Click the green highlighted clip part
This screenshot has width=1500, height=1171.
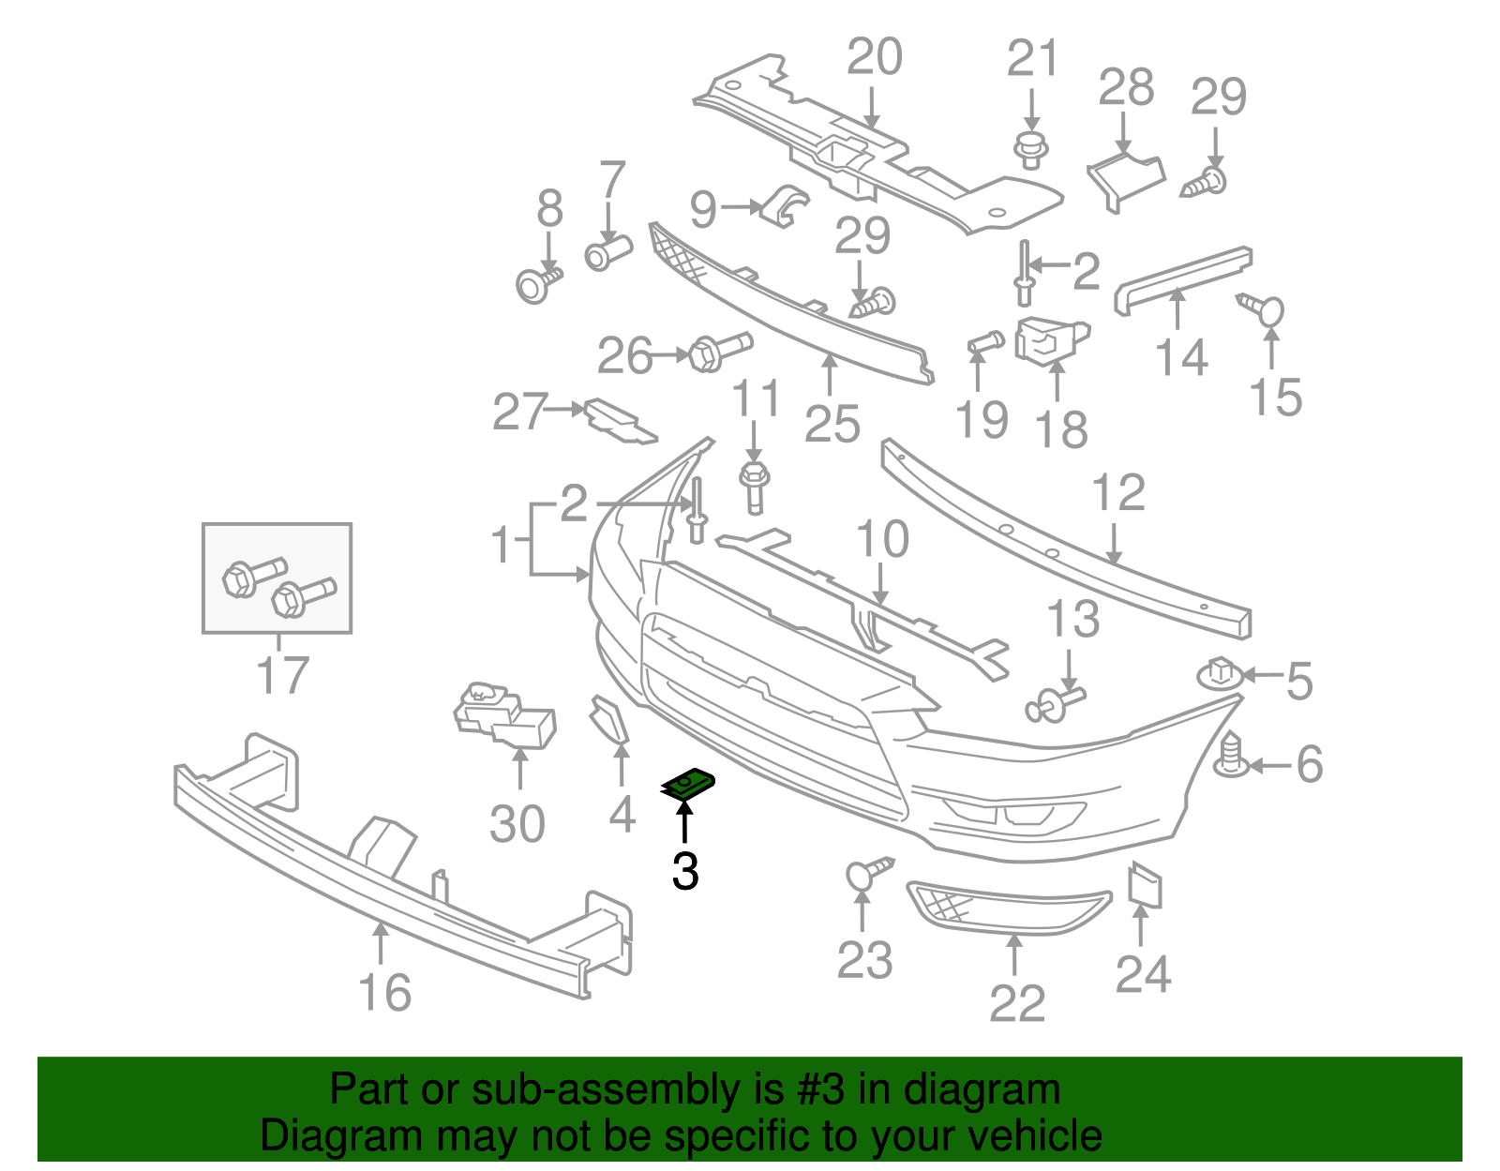[x=688, y=784]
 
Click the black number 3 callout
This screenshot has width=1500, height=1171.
[x=685, y=871]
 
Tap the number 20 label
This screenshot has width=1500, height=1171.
[x=874, y=57]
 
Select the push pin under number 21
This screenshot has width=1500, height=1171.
[x=1031, y=149]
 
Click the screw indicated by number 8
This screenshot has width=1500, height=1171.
[x=538, y=283]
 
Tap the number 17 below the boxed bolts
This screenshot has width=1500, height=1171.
[x=282, y=675]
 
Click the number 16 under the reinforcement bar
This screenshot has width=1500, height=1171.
[x=384, y=993]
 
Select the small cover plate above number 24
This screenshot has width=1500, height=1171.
[x=1145, y=885]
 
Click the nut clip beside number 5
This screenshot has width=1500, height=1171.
[x=1219, y=673]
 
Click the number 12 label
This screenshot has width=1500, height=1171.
[x=1118, y=493]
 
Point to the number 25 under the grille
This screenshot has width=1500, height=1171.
[x=832, y=425]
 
